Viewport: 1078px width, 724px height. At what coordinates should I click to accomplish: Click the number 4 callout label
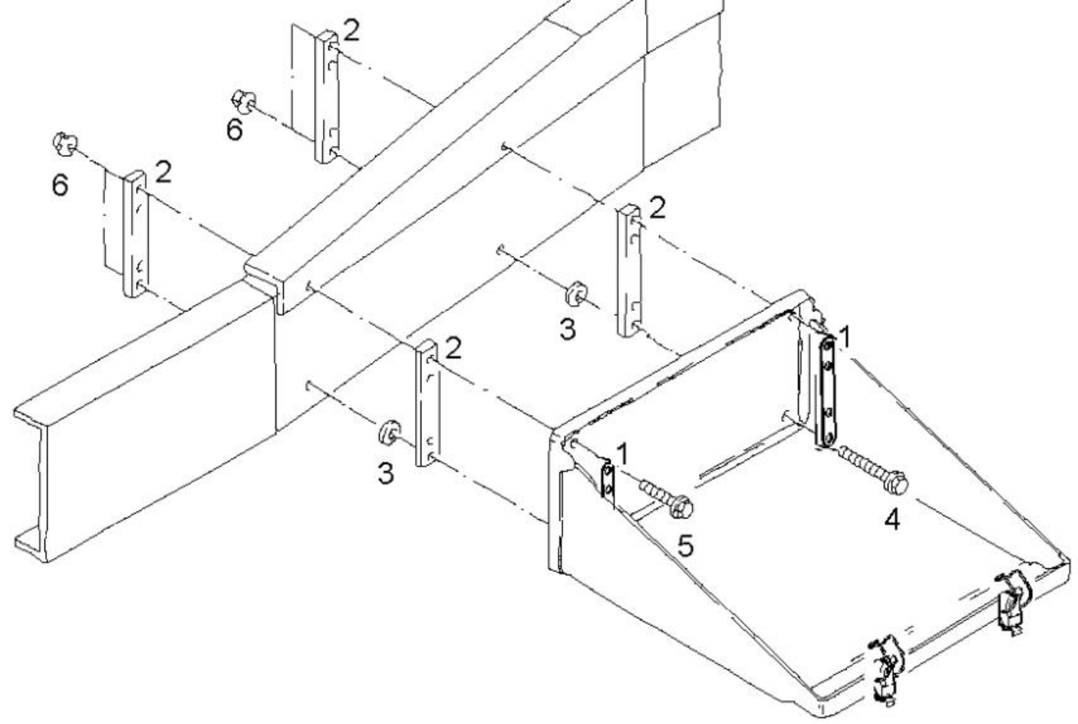coord(891,519)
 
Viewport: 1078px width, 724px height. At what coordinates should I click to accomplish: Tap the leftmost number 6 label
coord(60,185)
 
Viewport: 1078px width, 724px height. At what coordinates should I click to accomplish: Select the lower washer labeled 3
coord(389,433)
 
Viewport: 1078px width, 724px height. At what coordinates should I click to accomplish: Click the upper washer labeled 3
coord(574,294)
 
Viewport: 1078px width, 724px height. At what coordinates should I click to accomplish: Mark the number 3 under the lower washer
coord(386,474)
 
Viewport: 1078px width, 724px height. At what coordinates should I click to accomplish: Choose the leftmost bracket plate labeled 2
coord(134,232)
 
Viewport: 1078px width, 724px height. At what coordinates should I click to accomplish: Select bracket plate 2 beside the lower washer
coord(425,406)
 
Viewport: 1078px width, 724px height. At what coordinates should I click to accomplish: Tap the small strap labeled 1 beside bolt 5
coord(608,484)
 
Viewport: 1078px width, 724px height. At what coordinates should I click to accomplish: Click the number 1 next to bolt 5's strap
coord(622,453)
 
